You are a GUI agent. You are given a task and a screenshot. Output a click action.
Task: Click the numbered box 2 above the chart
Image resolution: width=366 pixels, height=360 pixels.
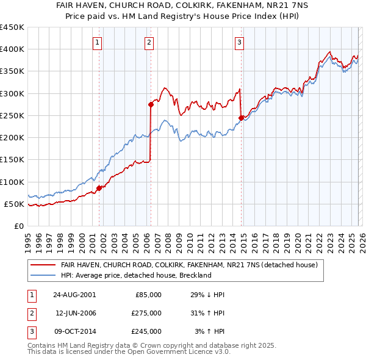tap(149, 42)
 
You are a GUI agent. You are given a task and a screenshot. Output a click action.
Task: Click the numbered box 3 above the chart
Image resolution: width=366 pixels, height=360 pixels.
tap(239, 42)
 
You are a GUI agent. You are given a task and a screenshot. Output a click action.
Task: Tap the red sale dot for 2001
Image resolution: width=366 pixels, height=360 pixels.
tap(99, 188)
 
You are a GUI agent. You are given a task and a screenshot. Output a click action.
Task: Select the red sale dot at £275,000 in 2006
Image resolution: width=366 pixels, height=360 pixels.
tap(151, 104)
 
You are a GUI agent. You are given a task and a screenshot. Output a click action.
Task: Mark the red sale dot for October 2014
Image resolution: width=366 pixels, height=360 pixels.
tap(241, 118)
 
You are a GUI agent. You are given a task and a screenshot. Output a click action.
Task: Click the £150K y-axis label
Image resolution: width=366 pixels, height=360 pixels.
tap(12, 160)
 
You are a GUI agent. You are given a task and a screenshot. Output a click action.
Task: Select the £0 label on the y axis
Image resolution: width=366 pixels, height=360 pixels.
tap(18, 226)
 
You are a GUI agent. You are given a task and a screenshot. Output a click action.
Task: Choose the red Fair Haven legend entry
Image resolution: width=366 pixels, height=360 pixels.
tap(189, 265)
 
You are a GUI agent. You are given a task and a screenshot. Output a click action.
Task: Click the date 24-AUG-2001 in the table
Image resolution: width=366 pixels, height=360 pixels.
tap(74, 294)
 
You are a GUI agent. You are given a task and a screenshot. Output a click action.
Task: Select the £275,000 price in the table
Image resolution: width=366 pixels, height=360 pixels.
tap(147, 312)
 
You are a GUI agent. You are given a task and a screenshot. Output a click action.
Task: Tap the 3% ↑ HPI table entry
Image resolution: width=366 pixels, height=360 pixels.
tap(209, 331)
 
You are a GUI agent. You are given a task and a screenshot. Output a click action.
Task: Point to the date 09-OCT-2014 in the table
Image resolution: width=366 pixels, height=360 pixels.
tap(74, 331)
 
